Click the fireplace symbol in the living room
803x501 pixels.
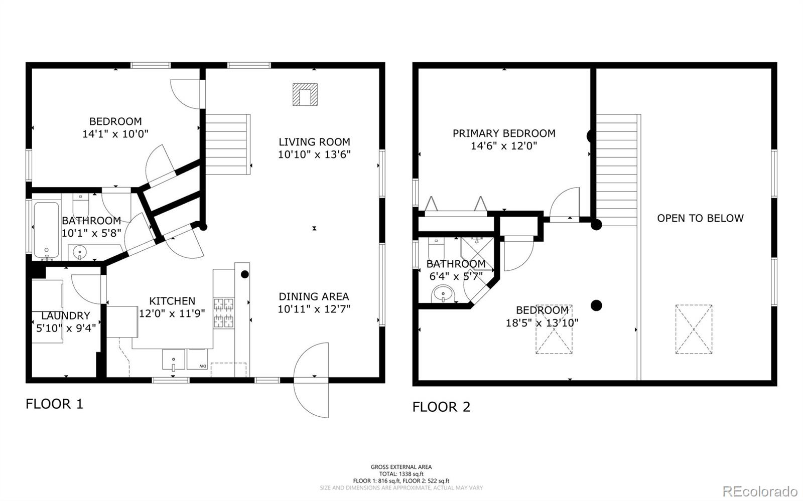pos(305,95)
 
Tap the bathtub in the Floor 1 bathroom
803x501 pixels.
pos(46,230)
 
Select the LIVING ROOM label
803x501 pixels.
pos(314,142)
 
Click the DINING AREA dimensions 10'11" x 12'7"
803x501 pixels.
pos(314,309)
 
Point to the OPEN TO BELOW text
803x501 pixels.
pos(700,218)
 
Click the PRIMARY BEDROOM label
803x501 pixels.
pos(504,133)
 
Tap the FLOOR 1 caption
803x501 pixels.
pos(54,404)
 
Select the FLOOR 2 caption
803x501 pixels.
pos(441,407)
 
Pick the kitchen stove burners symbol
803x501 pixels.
pos(224,312)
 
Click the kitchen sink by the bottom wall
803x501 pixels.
pos(174,359)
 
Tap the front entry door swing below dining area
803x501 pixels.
pos(311,380)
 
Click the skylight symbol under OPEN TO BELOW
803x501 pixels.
pos(694,329)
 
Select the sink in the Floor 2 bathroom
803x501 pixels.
pos(443,294)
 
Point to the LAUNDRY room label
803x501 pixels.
pos(66,315)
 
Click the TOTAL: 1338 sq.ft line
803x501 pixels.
pos(401,474)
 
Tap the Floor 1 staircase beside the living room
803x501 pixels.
pos(228,144)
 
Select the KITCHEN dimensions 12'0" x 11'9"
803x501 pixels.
pos(172,313)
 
